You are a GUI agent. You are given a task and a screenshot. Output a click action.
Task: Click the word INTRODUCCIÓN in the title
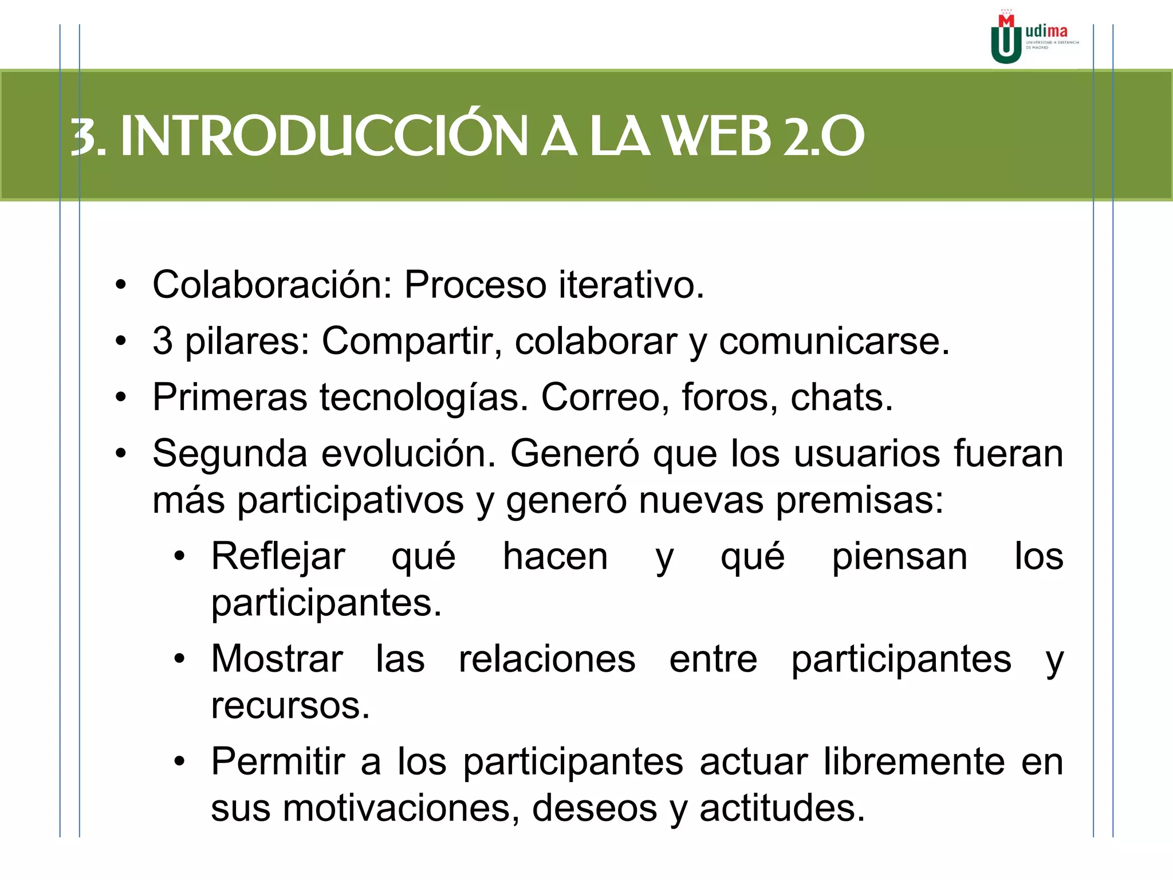tap(324, 136)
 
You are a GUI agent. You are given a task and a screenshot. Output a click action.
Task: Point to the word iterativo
tap(631, 285)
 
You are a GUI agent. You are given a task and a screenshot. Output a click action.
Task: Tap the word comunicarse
tap(834, 341)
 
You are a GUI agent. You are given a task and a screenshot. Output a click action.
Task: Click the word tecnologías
tap(424, 398)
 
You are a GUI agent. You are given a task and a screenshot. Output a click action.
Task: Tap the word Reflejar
tap(278, 556)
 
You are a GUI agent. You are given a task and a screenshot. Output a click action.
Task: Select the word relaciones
tap(547, 659)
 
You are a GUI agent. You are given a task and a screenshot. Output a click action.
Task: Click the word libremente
tap(914, 762)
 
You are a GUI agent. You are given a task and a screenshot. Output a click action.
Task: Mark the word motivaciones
tap(401, 808)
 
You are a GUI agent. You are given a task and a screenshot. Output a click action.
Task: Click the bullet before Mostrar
tap(180, 659)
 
